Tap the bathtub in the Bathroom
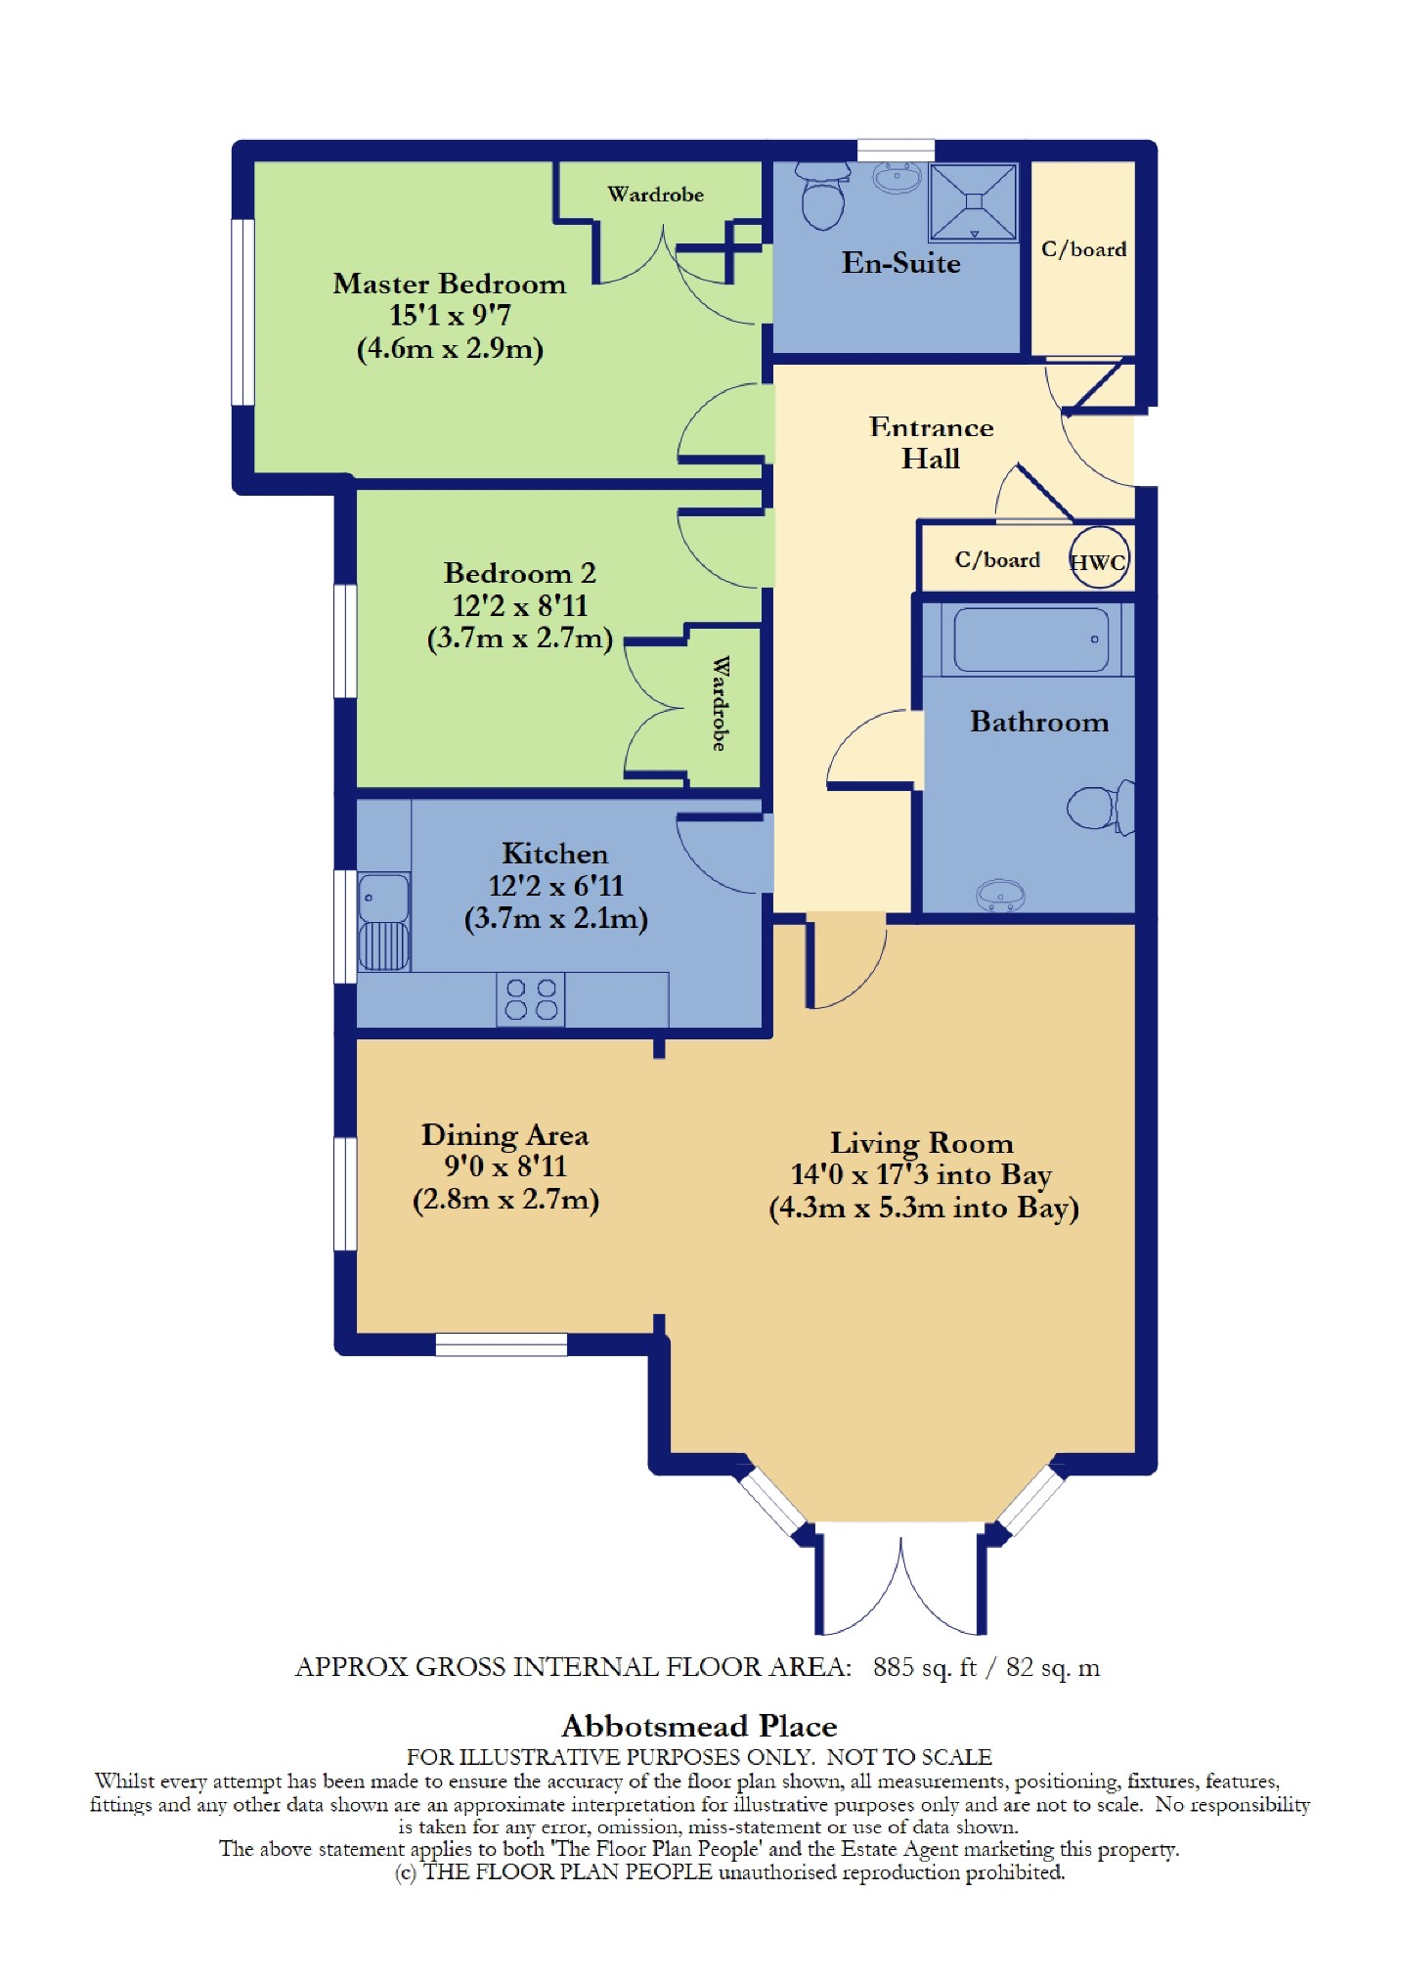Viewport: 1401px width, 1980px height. (x=1030, y=639)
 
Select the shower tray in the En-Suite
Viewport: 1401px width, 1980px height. (x=974, y=201)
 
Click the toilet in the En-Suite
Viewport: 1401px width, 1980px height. (x=823, y=195)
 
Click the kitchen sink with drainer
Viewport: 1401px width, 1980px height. (x=383, y=921)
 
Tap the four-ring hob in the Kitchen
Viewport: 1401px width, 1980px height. (x=531, y=999)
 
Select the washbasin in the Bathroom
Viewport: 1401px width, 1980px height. (x=999, y=896)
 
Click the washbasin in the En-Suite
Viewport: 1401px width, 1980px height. (x=897, y=177)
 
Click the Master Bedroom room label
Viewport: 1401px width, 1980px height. (x=450, y=285)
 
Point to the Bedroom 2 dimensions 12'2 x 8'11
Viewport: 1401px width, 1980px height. (x=520, y=606)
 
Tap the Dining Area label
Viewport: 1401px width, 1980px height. (x=505, y=1135)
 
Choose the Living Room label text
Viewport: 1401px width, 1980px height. (x=922, y=1143)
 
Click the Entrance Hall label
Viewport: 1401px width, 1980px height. (x=931, y=443)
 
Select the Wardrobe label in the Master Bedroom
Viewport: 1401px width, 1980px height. (x=655, y=195)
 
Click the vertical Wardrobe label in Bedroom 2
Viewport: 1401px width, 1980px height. (x=720, y=703)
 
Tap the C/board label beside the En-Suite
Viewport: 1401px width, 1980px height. (x=1083, y=249)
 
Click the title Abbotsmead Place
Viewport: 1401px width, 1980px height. (x=699, y=1726)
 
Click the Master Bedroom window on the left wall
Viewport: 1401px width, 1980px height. (x=242, y=312)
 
